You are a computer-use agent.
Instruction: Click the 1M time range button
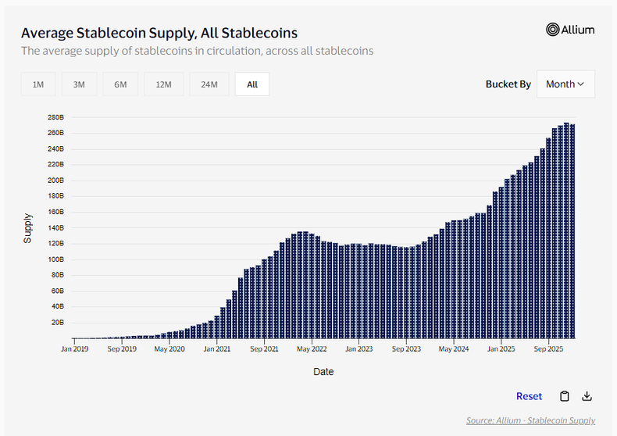pyautogui.click(x=38, y=84)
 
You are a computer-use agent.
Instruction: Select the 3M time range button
pyautogui.click(x=79, y=84)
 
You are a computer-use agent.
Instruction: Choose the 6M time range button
pyautogui.click(x=120, y=84)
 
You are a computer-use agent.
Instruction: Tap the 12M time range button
pyautogui.click(x=163, y=84)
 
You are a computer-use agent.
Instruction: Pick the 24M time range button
pyautogui.click(x=209, y=84)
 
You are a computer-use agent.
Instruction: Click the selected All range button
pyautogui.click(x=251, y=84)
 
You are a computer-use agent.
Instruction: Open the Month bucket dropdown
pyautogui.click(x=565, y=84)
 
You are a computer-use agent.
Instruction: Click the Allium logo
pyautogui.click(x=570, y=30)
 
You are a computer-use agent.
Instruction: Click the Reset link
pyautogui.click(x=529, y=396)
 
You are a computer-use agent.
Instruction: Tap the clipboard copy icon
pyautogui.click(x=564, y=396)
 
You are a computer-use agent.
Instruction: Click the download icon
pyautogui.click(x=587, y=396)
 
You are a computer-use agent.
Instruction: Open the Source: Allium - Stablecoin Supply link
pyautogui.click(x=530, y=420)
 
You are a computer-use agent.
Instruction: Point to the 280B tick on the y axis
pyautogui.click(x=56, y=117)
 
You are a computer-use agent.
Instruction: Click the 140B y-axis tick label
pyautogui.click(x=56, y=227)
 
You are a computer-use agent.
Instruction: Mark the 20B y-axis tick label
pyautogui.click(x=58, y=322)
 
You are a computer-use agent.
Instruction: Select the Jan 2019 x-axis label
pyautogui.click(x=75, y=349)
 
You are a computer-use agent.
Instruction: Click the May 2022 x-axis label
pyautogui.click(x=312, y=349)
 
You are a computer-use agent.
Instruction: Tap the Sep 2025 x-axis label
pyautogui.click(x=549, y=349)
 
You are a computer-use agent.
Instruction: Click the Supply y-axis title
pyautogui.click(x=28, y=227)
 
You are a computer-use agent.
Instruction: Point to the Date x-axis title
pyautogui.click(x=323, y=371)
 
